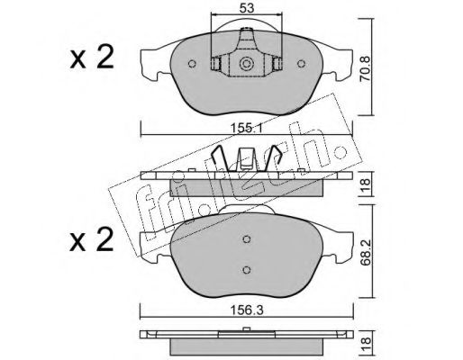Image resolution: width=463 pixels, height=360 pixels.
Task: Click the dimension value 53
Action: (247, 8)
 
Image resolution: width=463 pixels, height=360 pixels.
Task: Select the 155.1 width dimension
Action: (247, 129)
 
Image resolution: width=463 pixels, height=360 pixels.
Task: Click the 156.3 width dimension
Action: (247, 310)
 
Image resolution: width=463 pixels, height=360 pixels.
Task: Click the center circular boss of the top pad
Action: (247, 64)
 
